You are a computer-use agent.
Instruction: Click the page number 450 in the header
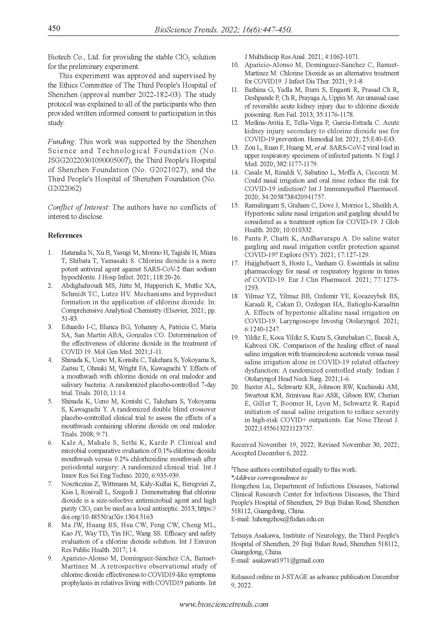[x=54, y=28]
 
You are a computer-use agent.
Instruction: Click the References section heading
[x=65, y=235]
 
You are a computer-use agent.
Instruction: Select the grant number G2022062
[x=64, y=188]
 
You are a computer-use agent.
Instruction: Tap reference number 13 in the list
[x=235, y=148]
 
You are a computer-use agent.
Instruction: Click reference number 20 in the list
[x=235, y=387]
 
